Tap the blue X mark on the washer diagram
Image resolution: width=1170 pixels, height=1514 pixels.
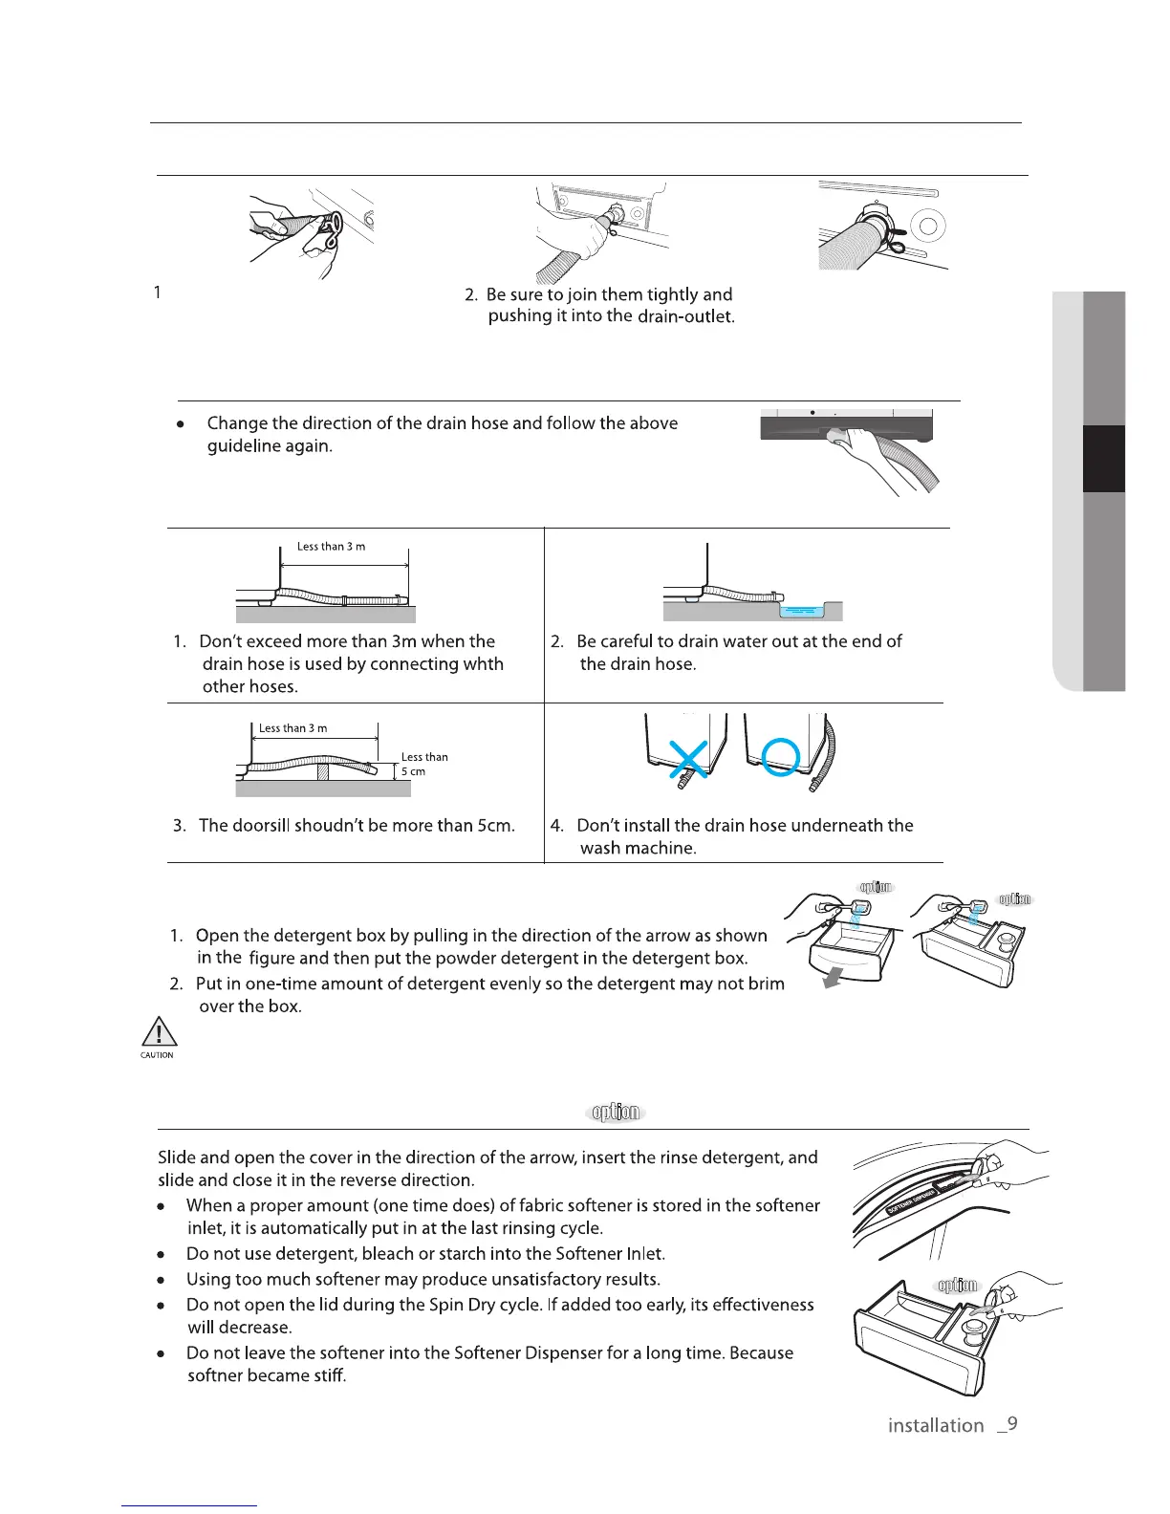tap(688, 758)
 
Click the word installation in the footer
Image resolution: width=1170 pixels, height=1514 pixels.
tap(935, 1425)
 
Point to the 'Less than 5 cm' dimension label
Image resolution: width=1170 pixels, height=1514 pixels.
tap(423, 764)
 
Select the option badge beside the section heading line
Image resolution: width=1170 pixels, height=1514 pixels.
tap(616, 1113)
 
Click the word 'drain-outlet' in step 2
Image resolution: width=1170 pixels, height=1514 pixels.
tap(685, 317)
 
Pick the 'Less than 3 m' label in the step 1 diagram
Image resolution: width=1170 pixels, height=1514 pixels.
tap(331, 547)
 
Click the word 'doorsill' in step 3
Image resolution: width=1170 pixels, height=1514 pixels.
tap(260, 825)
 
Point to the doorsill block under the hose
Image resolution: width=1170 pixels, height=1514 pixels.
tap(323, 771)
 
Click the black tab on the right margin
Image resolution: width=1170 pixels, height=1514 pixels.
tap(1103, 459)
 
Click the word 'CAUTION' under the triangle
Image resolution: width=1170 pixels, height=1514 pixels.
tap(158, 1055)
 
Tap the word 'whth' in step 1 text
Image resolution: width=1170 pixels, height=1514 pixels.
tap(482, 664)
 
